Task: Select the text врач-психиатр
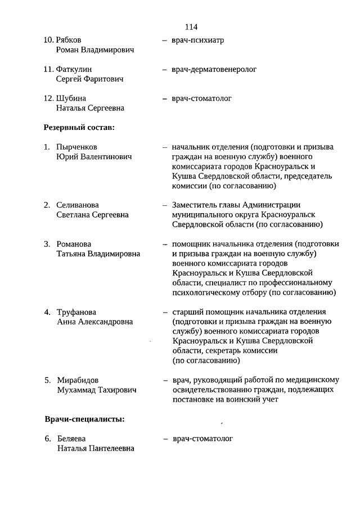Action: [194, 40]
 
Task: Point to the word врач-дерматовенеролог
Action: [214, 70]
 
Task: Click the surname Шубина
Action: [71, 98]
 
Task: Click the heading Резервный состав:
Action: [79, 128]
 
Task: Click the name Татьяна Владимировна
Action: [98, 254]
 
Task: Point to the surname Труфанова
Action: [76, 312]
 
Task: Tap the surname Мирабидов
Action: [78, 380]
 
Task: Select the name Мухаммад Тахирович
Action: [96, 390]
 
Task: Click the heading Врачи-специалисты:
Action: [84, 419]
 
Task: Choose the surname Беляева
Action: [71, 439]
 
